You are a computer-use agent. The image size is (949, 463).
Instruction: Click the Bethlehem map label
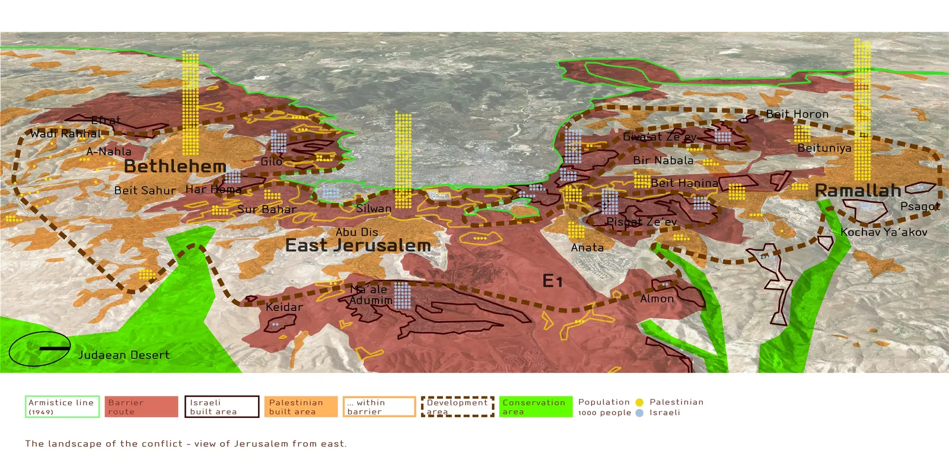(x=175, y=167)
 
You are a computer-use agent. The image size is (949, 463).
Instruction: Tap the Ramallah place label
(x=858, y=191)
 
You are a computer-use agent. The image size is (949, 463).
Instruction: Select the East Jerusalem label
(x=358, y=245)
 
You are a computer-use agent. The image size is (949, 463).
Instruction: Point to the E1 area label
(x=552, y=281)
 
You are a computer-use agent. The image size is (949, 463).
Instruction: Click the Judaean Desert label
(x=124, y=355)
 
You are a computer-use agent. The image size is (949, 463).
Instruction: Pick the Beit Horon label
(x=797, y=114)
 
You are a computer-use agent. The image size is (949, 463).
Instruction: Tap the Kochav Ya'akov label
(x=884, y=232)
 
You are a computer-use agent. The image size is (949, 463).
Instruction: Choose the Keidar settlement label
(x=284, y=307)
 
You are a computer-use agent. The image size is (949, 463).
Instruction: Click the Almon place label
(x=657, y=299)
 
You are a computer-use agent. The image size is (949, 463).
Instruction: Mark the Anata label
(x=587, y=248)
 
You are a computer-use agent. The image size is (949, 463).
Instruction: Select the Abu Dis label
(x=356, y=232)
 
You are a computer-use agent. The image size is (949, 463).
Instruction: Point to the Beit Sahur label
(x=145, y=191)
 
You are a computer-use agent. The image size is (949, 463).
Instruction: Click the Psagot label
(x=920, y=207)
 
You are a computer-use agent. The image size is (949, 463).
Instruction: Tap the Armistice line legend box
(x=62, y=407)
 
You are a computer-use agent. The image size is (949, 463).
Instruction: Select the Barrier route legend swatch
(x=141, y=407)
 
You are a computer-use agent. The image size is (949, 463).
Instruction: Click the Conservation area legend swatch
(x=536, y=407)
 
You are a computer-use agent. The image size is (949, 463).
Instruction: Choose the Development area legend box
(x=457, y=407)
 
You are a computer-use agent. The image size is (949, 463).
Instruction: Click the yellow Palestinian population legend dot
(x=639, y=402)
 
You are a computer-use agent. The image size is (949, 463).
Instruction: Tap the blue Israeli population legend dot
(x=639, y=413)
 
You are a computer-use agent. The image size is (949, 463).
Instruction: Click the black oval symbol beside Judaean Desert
(x=40, y=349)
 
